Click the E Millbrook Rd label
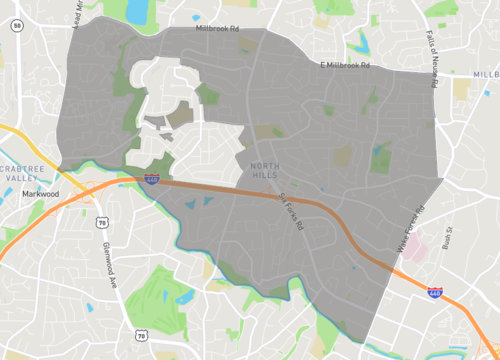344,65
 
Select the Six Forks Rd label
290,211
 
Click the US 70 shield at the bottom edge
141,334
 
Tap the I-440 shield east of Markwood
152,179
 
